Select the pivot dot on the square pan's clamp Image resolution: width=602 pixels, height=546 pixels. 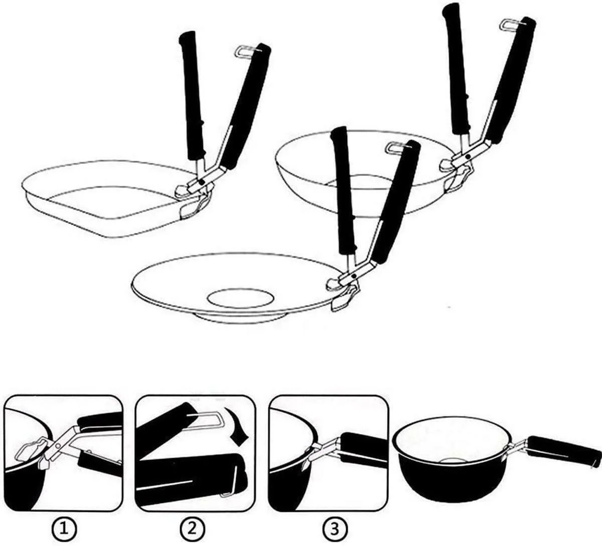coord(202,182)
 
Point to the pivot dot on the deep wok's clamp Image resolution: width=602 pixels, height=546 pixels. coord(468,156)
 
